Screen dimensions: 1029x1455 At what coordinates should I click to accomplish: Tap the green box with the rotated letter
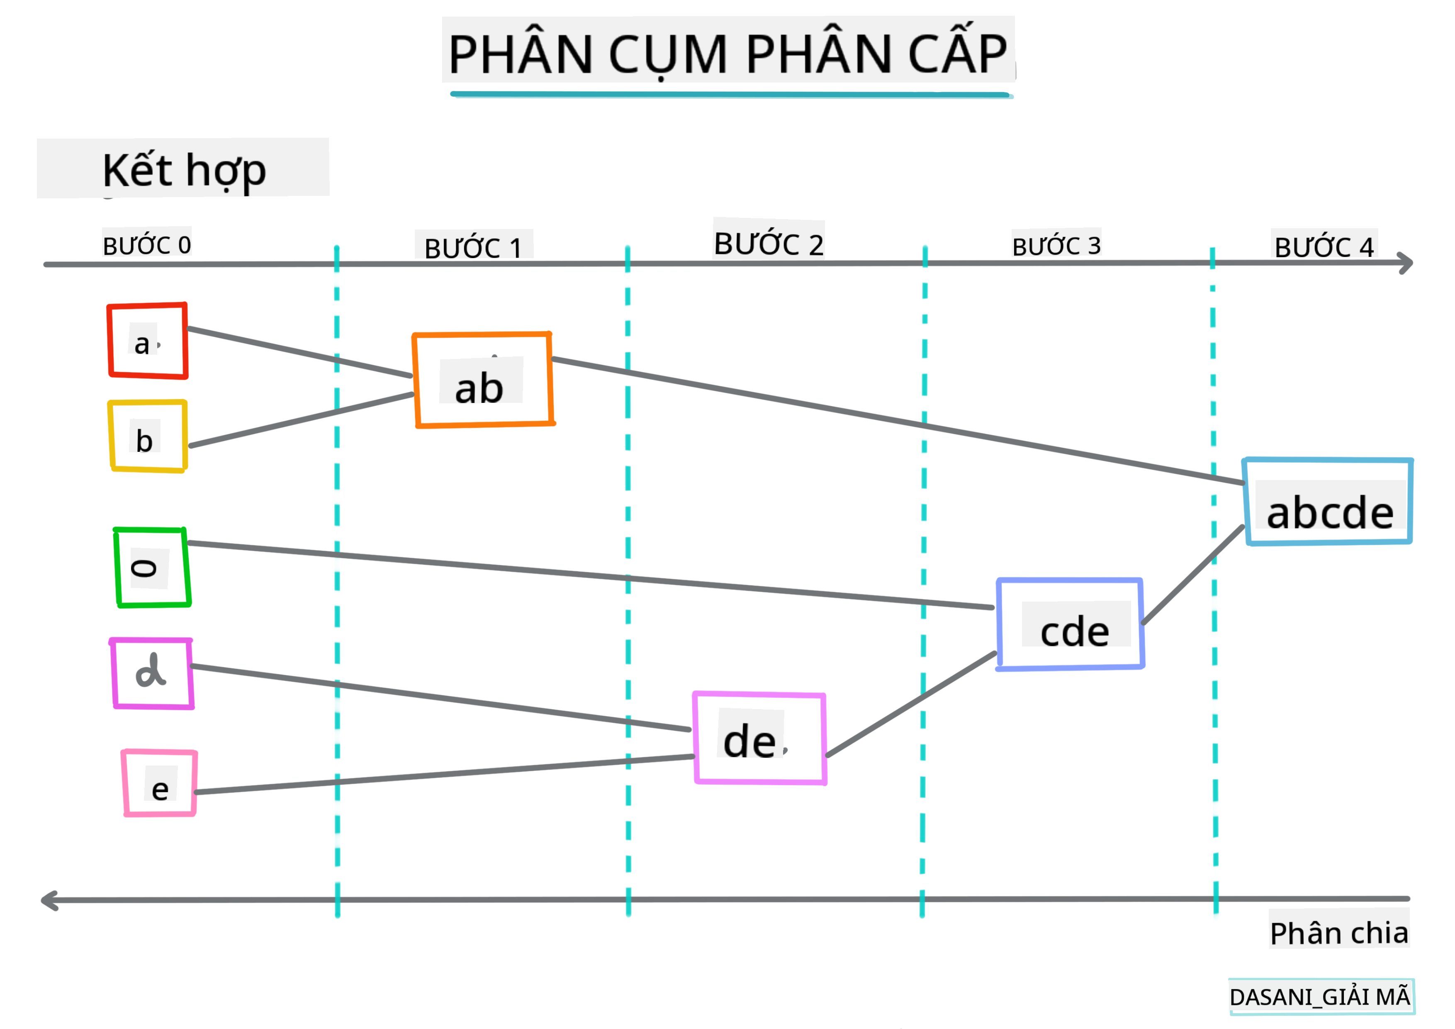point(152,568)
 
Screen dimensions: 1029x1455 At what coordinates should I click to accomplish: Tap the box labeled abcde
point(1328,502)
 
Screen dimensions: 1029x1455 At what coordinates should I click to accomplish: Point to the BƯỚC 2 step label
point(769,244)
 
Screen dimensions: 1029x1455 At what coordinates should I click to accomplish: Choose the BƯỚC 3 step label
point(1056,245)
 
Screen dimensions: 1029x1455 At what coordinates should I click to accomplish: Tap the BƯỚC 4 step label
point(1324,246)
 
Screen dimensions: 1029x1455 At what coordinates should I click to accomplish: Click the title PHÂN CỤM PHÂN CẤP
point(727,53)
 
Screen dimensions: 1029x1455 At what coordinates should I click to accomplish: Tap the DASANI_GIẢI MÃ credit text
point(1320,997)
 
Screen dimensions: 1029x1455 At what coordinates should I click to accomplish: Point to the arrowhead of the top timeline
point(1407,263)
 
